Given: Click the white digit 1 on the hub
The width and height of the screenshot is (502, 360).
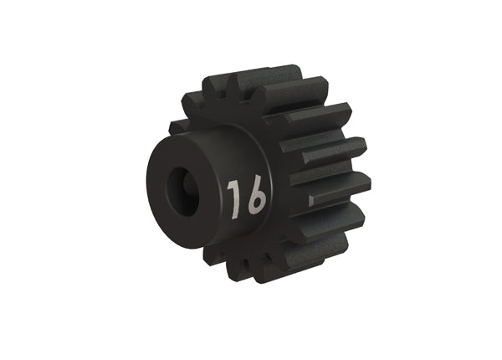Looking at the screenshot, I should tap(234, 198).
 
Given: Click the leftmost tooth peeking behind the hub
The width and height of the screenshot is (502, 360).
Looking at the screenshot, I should tap(177, 127).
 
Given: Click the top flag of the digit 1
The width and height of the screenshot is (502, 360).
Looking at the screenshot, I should tap(231, 186).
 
